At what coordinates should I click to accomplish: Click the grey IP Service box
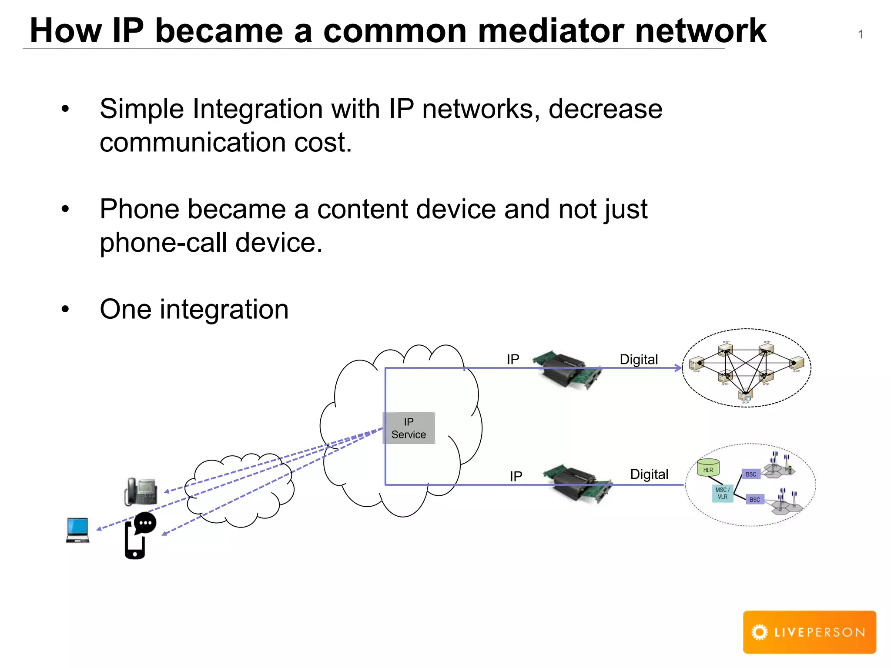click(x=409, y=428)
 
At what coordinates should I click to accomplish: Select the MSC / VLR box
click(x=722, y=493)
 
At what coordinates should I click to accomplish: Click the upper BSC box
click(x=751, y=474)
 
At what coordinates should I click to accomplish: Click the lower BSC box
click(x=755, y=499)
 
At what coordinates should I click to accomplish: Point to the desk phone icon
click(x=141, y=492)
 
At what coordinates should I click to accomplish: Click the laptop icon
click(x=78, y=530)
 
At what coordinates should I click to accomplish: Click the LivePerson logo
click(x=809, y=632)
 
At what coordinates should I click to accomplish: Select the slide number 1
click(x=860, y=34)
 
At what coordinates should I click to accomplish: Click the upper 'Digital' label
click(x=638, y=359)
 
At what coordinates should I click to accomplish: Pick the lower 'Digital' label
click(x=649, y=474)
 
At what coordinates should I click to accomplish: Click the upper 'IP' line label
click(x=512, y=359)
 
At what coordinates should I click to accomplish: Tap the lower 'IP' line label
click(x=516, y=476)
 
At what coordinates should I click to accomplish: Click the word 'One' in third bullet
click(x=126, y=309)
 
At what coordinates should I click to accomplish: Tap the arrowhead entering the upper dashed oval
click(x=678, y=368)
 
